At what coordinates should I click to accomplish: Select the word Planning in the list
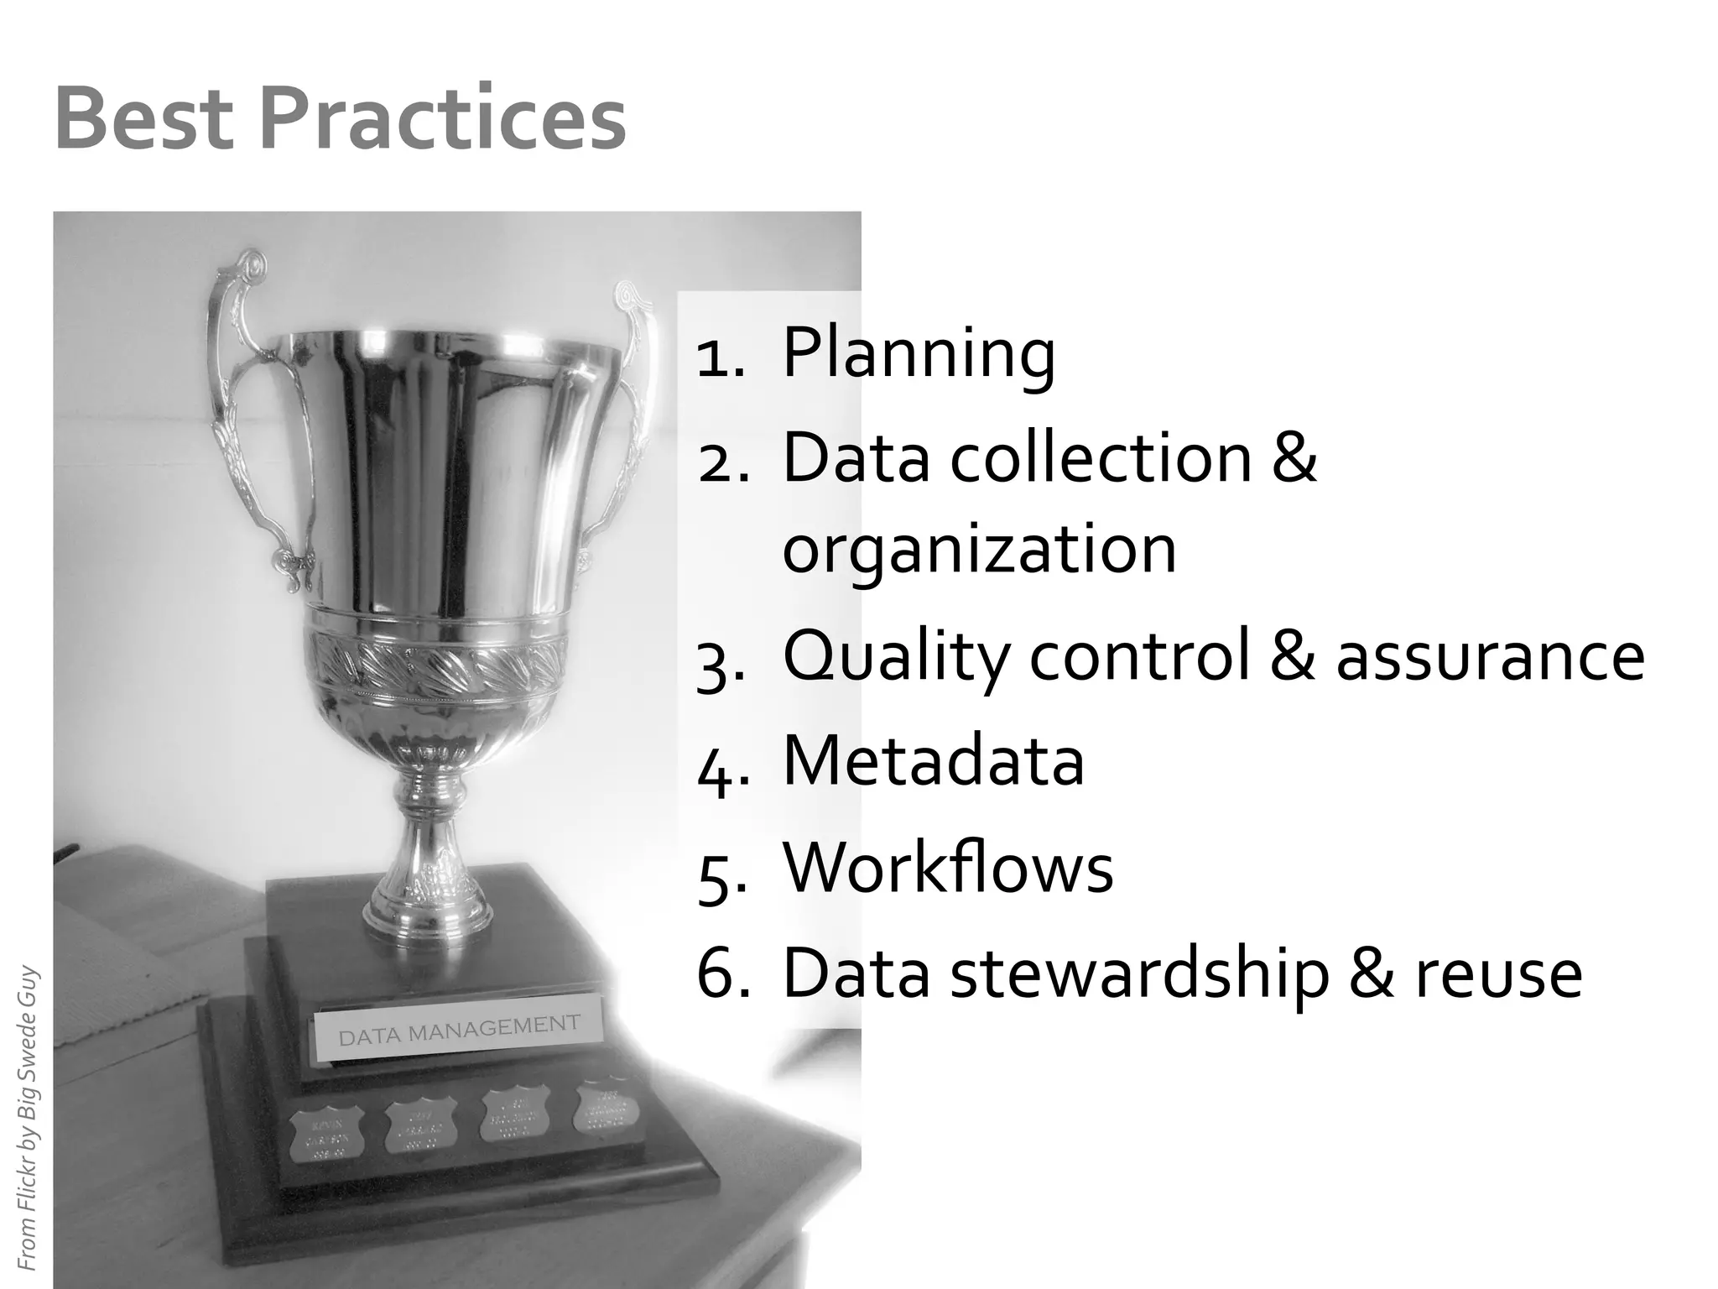919,352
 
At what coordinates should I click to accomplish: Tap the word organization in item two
979,549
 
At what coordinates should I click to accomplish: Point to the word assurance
1490,656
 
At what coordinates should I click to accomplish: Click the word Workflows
948,868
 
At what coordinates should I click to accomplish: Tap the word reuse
1499,975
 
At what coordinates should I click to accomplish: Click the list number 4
719,765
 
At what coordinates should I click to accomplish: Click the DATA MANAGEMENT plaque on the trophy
458,1031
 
